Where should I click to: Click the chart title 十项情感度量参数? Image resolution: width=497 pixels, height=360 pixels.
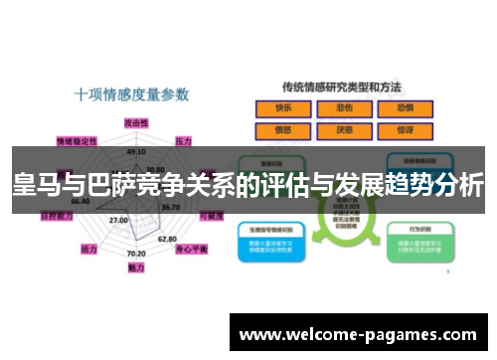(x=131, y=95)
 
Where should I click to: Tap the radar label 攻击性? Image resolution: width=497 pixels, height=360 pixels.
(x=136, y=121)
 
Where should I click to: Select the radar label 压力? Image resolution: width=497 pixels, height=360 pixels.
(x=183, y=141)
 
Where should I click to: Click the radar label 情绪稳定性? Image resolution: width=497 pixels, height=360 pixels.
(x=77, y=141)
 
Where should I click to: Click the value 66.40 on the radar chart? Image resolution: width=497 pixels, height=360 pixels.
(x=80, y=202)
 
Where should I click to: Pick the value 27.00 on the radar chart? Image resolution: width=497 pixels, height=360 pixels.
(x=118, y=220)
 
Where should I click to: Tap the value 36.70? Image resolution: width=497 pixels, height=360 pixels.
(x=170, y=207)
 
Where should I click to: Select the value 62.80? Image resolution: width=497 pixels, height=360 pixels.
(x=167, y=239)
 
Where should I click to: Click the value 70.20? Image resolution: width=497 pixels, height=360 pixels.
(x=136, y=255)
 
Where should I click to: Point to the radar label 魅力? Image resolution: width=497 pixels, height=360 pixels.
(x=136, y=268)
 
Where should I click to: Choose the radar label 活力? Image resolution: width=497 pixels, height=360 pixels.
(x=88, y=248)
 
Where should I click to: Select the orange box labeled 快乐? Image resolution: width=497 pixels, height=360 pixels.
(x=283, y=108)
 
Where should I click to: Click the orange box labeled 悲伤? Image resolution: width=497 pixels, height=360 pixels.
(x=344, y=108)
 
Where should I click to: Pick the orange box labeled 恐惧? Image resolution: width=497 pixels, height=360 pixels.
(x=405, y=108)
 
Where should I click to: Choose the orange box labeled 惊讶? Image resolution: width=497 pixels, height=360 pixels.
(x=405, y=129)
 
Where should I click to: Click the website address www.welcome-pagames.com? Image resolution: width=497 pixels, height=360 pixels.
(x=359, y=334)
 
